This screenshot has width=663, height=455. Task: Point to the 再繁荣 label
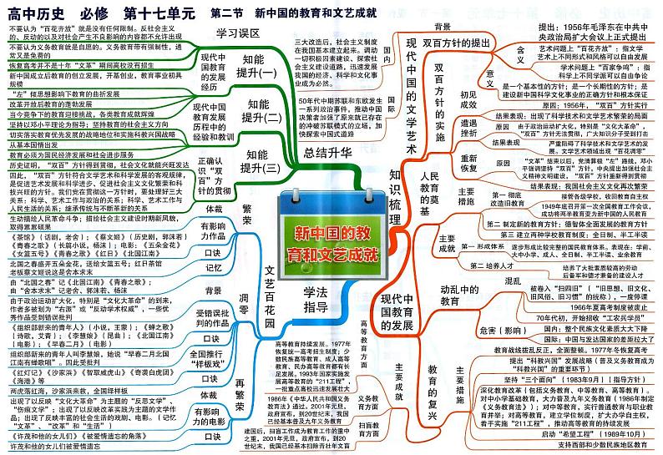245,404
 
